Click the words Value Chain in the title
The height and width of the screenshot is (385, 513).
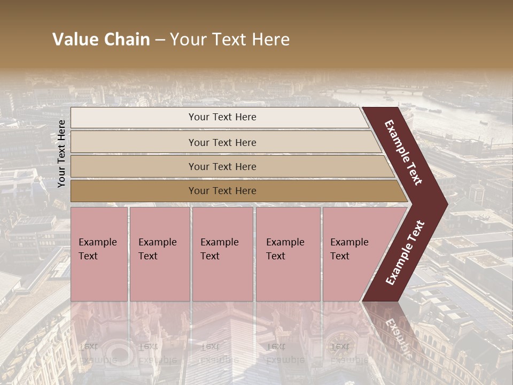[x=101, y=40]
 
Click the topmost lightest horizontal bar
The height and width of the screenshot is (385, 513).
[x=134, y=118]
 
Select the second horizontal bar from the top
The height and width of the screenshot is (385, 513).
[x=134, y=142]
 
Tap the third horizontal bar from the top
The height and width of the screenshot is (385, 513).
[x=134, y=166]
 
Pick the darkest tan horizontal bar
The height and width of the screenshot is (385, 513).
[x=134, y=191]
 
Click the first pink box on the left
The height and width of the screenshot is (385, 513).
[x=99, y=278]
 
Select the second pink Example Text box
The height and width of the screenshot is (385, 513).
[x=159, y=278]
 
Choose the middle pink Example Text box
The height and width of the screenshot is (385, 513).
[x=222, y=278]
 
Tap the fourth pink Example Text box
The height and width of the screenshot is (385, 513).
[x=287, y=278]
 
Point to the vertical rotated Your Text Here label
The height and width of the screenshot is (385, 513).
[x=62, y=153]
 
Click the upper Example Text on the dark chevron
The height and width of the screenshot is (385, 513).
[x=403, y=152]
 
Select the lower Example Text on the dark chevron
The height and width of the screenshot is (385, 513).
[x=405, y=252]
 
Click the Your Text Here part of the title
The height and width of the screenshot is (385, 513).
[x=230, y=40]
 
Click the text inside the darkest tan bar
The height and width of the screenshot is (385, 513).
[x=222, y=191]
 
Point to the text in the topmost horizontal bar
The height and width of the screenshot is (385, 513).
[x=222, y=117]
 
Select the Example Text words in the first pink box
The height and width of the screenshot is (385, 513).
[x=97, y=249]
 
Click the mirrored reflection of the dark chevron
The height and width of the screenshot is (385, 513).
[x=395, y=332]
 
